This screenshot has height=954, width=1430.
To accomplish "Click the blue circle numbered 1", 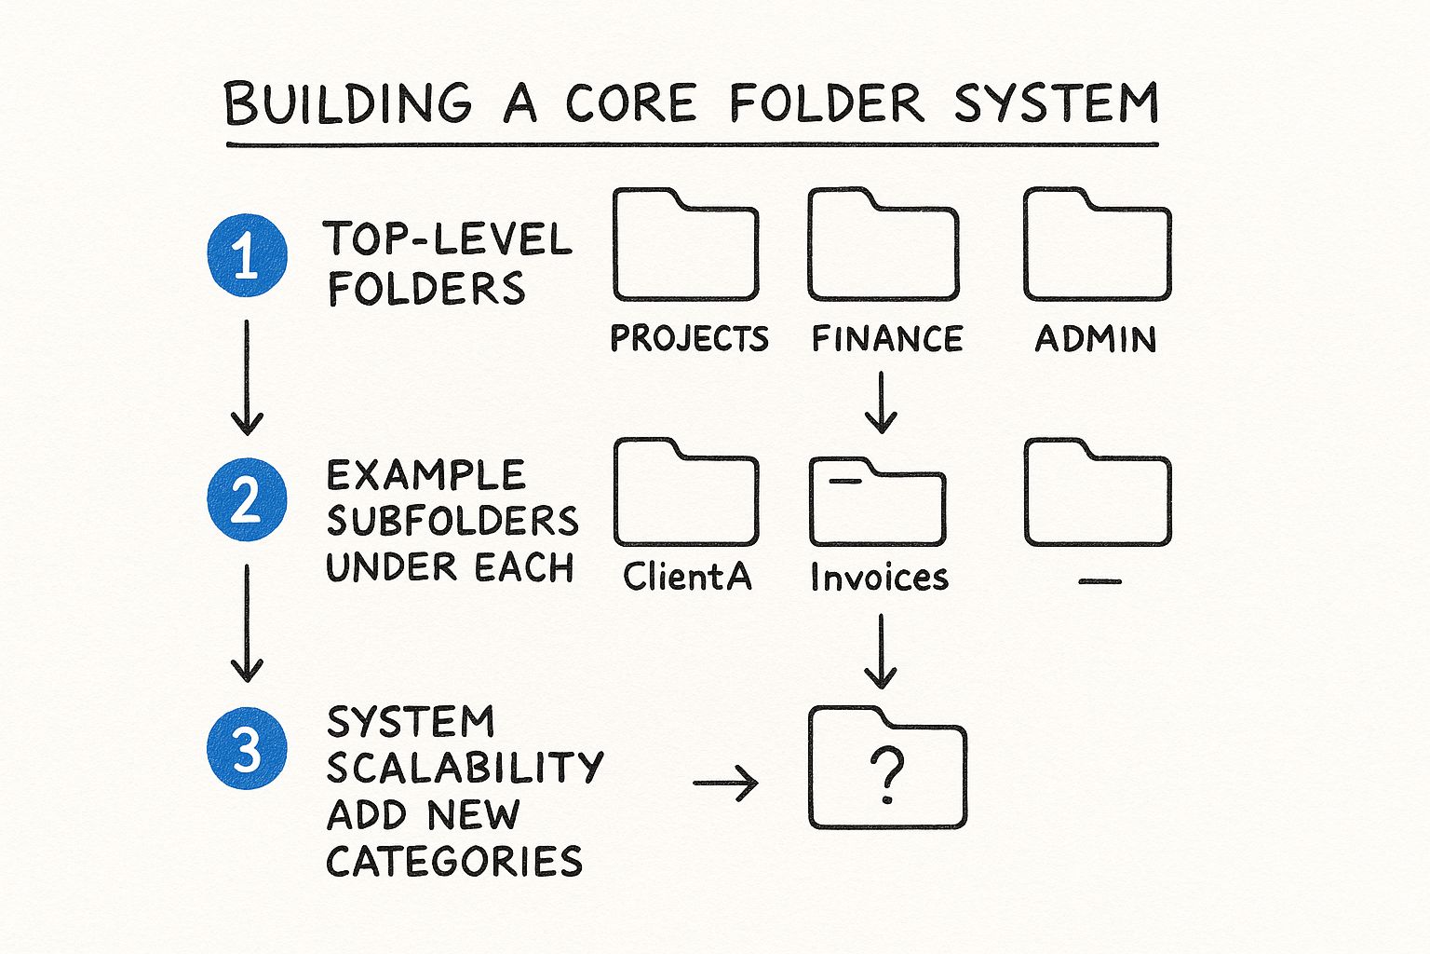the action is (247, 255).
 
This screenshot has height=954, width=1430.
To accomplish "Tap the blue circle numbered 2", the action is (247, 499).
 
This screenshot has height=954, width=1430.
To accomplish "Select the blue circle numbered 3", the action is (247, 747).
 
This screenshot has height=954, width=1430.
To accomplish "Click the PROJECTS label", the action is (690, 338).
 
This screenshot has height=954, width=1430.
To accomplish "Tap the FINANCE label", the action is (887, 338).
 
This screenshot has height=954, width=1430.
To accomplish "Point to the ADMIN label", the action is (1096, 339).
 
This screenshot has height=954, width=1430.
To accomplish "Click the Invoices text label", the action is (879, 577).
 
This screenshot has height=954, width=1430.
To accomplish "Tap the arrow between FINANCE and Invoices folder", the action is (882, 402).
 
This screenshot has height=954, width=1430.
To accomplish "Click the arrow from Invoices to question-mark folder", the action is (881, 651).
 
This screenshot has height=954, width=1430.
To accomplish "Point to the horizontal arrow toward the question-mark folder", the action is (726, 783).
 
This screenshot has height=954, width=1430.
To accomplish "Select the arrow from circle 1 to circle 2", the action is (247, 377).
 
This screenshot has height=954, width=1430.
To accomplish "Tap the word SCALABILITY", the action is (465, 767).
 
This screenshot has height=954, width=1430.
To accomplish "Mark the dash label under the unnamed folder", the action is (1099, 581).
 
